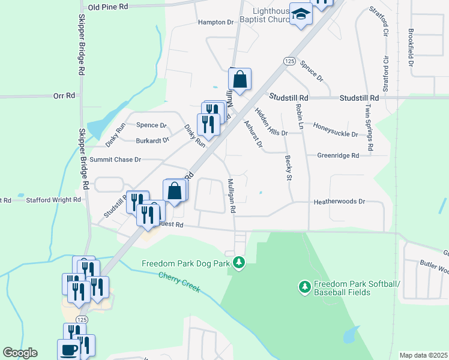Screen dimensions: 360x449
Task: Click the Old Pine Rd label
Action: pos(108,7)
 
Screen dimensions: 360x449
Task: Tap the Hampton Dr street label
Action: pos(215,22)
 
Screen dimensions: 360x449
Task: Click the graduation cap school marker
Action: pos(301,14)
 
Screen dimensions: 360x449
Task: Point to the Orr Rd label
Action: pos(64,95)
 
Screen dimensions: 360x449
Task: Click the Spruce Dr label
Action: pos(312,70)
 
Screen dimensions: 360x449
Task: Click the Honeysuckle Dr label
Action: pos(336,134)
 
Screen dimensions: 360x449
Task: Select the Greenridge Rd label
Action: pos(338,155)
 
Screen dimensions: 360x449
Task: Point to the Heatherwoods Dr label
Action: pos(339,202)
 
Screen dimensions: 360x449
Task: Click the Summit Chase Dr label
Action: pos(115,160)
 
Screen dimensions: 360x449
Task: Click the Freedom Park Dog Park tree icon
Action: pos(239,262)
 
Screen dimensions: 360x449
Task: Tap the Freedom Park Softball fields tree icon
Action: pos(304,287)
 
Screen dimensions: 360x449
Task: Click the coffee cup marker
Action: pos(68,350)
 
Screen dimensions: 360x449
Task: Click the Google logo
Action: pos(20,353)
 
